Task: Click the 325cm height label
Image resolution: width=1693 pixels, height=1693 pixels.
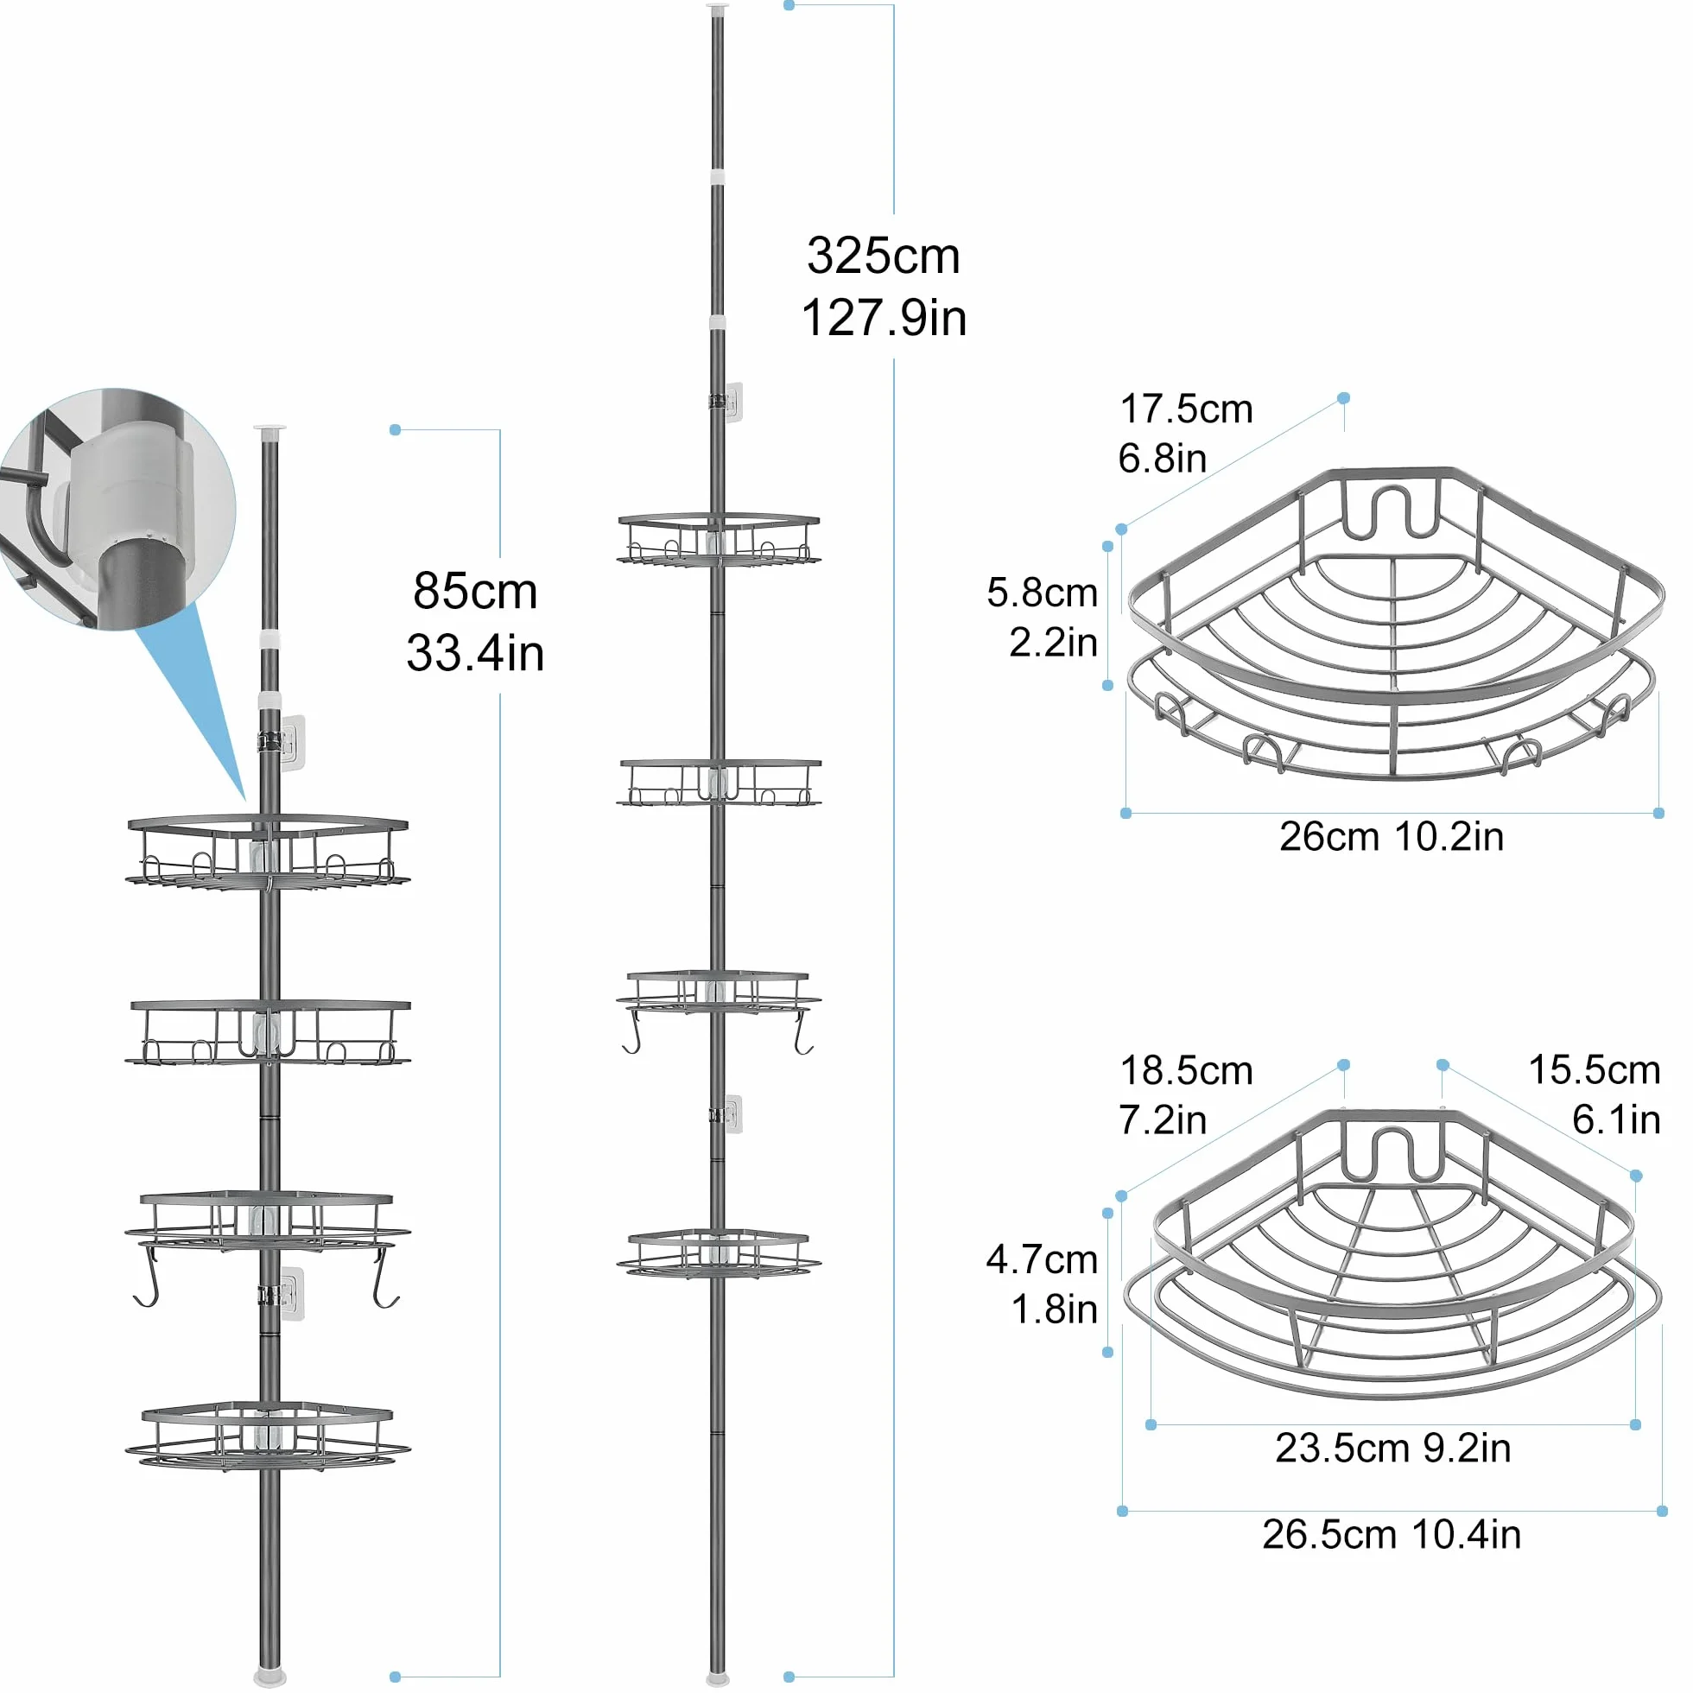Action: click(x=884, y=256)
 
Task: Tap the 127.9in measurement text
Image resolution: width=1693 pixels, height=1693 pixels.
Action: click(x=885, y=317)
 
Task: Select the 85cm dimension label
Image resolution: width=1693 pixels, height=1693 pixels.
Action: click(x=475, y=591)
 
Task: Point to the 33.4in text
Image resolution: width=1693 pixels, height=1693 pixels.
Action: click(x=475, y=653)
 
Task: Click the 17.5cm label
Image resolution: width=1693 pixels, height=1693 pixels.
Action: click(x=1187, y=409)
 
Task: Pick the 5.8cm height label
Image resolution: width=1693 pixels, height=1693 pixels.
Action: click(x=1042, y=593)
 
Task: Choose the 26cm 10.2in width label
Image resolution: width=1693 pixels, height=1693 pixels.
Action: click(x=1392, y=837)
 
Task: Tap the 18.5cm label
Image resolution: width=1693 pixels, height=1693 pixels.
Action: click(x=1187, y=1071)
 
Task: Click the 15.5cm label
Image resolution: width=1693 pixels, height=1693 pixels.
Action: click(x=1595, y=1070)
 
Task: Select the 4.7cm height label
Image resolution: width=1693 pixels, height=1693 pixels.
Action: click(x=1042, y=1260)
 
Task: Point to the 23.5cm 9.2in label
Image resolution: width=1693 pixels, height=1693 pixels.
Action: click(x=1393, y=1449)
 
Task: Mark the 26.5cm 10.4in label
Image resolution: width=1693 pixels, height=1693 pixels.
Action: click(x=1392, y=1534)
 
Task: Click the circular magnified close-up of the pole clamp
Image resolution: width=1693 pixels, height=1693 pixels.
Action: click(x=117, y=509)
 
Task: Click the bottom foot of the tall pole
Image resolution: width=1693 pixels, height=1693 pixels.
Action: click(x=718, y=1679)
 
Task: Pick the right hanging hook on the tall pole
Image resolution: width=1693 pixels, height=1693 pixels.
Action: click(x=802, y=1032)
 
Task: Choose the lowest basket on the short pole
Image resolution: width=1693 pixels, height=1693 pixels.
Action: click(x=268, y=1436)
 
